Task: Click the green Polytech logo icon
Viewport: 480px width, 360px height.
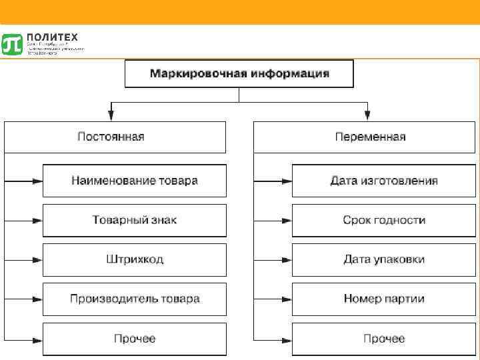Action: (12, 43)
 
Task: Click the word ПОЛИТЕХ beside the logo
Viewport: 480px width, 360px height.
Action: (53, 37)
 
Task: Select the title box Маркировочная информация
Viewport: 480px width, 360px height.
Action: (239, 73)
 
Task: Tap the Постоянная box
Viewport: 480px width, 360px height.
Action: (115, 137)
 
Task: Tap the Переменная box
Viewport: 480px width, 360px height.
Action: (369, 137)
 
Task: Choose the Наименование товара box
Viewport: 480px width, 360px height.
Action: (134, 180)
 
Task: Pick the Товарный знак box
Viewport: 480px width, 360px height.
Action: (134, 220)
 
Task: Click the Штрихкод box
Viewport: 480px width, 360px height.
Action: (134, 259)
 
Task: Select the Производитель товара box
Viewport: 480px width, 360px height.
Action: (134, 299)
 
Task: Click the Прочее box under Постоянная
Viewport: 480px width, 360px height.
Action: (134, 339)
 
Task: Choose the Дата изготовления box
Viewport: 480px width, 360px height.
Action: (383, 180)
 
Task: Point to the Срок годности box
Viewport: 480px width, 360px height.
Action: (383, 220)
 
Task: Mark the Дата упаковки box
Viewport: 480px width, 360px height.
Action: (383, 259)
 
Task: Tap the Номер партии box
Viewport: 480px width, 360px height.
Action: (383, 299)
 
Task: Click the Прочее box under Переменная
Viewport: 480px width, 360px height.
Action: (383, 339)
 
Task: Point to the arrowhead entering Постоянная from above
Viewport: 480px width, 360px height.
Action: (112, 116)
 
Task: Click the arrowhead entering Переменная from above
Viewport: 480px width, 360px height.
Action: (367, 116)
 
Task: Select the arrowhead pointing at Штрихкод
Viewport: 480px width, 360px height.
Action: (39, 259)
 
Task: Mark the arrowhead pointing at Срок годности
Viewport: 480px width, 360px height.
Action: (288, 220)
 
